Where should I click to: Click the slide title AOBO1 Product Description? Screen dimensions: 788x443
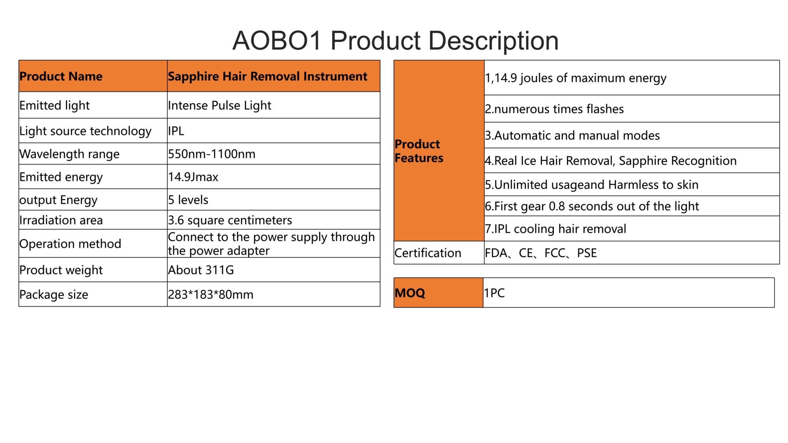pos(395,41)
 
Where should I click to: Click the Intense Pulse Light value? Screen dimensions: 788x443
pos(219,105)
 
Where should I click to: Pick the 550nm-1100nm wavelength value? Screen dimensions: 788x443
pos(212,154)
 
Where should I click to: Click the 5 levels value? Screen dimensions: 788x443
pos(188,200)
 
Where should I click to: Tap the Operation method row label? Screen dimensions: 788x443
pos(70,244)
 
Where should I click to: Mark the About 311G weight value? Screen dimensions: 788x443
pos(201,270)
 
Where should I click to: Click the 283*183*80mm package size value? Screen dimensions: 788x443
pos(211,294)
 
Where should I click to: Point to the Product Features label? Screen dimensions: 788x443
pos(419,151)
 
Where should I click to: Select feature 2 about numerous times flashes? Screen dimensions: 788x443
pos(554,109)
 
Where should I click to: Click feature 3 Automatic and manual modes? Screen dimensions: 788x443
pos(572,135)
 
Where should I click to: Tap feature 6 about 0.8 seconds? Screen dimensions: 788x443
pos(592,206)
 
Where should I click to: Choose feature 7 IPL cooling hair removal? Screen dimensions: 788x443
pos(556,229)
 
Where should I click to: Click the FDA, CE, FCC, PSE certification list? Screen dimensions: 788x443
pos(541,253)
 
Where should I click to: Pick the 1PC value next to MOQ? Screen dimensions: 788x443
pos(494,293)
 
